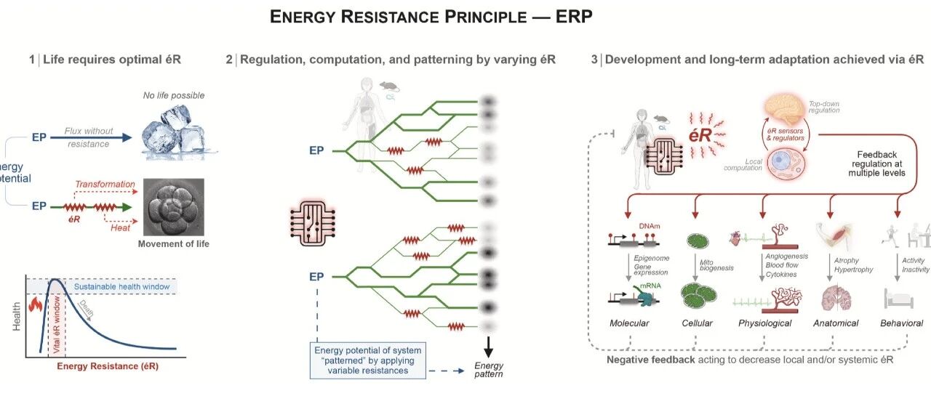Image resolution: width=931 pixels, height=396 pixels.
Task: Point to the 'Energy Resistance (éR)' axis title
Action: tap(108, 366)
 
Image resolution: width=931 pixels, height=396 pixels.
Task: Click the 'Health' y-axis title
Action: tap(17, 315)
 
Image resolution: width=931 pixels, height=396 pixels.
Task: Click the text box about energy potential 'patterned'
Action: tap(366, 360)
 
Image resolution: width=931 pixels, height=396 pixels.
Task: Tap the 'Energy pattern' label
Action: tap(489, 369)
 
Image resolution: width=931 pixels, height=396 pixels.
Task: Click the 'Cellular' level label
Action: tap(697, 323)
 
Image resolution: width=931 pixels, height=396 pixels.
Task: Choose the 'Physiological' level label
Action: tap(764, 323)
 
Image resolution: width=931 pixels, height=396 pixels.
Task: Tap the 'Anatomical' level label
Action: tap(835, 323)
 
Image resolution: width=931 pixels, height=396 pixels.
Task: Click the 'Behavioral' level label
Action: tap(901, 323)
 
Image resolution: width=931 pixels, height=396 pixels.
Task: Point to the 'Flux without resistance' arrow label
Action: tap(88, 136)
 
